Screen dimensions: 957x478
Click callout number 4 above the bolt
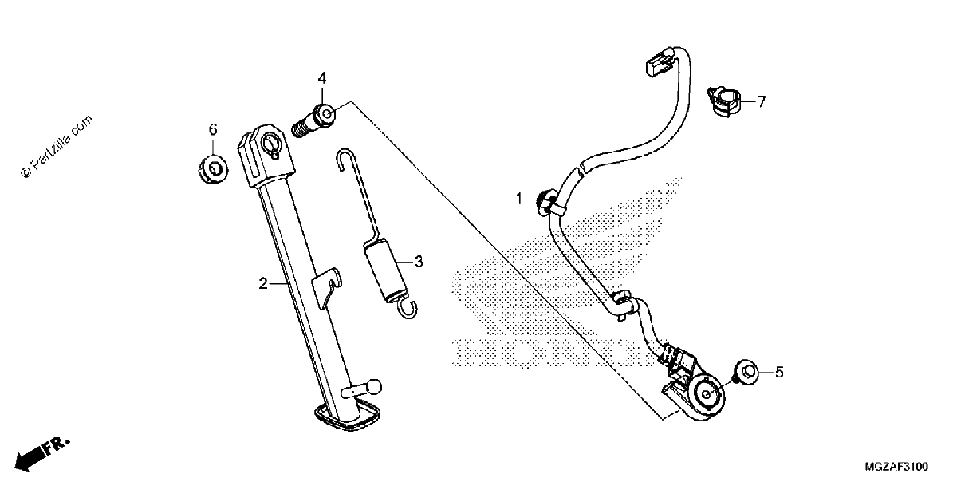tap(321, 78)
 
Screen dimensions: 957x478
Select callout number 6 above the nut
tap(213, 129)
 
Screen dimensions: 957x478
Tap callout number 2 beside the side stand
tap(263, 283)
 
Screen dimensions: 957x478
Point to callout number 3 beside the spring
tap(419, 261)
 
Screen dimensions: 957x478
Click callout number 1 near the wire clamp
tap(519, 199)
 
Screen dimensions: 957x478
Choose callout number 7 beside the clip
tap(762, 101)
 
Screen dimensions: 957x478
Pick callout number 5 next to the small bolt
tap(779, 373)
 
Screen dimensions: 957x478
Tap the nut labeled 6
tap(213, 170)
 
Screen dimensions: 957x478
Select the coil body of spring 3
tap(384, 271)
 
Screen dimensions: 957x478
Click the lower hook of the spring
tap(409, 309)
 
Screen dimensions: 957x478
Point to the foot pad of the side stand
tap(347, 415)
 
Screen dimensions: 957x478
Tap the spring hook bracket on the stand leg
tap(326, 287)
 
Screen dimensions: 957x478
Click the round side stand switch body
tap(707, 398)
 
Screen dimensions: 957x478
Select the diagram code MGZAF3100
tap(896, 466)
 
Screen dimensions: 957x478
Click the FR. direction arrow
tap(41, 454)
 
